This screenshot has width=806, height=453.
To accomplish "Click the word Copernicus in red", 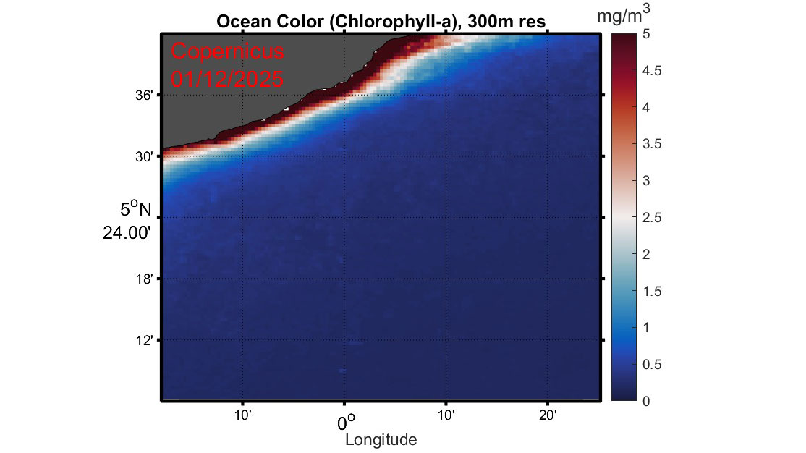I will coord(228,52).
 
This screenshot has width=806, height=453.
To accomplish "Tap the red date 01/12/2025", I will coord(227,78).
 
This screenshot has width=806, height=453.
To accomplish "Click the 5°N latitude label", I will coord(136,210).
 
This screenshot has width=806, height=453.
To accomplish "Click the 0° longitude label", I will coord(346,421).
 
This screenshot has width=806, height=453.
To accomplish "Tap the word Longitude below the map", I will coord(381,439).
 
